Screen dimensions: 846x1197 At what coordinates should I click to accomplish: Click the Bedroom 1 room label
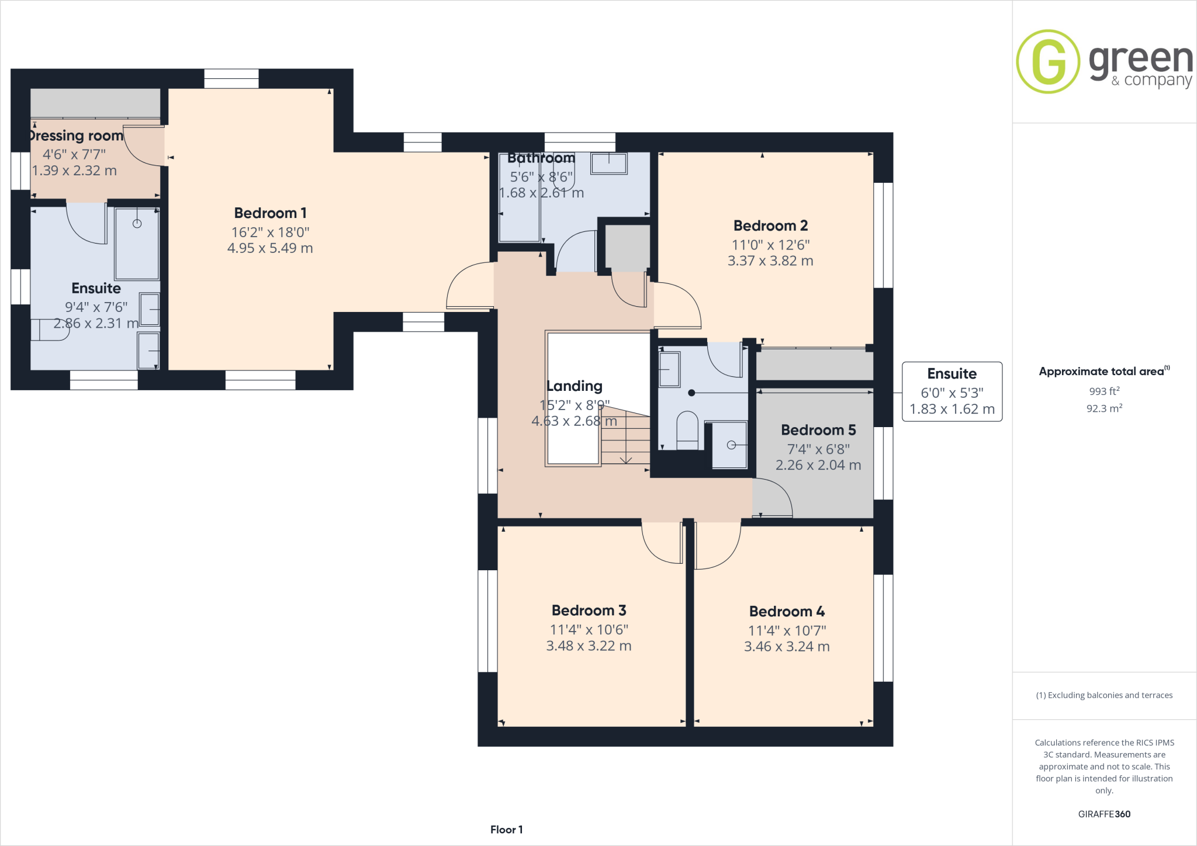270,213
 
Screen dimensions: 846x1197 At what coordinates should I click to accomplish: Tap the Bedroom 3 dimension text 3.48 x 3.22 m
589,646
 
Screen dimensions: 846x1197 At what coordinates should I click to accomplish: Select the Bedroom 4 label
787,612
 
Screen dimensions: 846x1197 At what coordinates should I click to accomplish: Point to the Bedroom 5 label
818,430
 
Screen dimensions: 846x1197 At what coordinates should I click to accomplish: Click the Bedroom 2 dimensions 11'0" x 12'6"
770,245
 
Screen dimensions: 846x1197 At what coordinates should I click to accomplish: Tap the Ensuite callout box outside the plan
952,391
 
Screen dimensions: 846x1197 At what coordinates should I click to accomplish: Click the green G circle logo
1048,61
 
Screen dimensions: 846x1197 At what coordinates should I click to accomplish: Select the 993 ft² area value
1104,391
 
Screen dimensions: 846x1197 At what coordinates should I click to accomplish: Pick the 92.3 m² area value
1104,408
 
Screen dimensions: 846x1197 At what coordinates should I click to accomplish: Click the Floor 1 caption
506,830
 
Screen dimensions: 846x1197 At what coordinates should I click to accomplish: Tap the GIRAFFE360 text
1104,814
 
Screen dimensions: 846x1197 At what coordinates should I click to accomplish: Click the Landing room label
574,386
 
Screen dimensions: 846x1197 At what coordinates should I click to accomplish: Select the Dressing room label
76,136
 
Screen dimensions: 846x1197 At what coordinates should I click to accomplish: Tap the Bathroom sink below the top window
608,163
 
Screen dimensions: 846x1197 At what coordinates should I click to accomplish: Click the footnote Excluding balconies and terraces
1104,695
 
